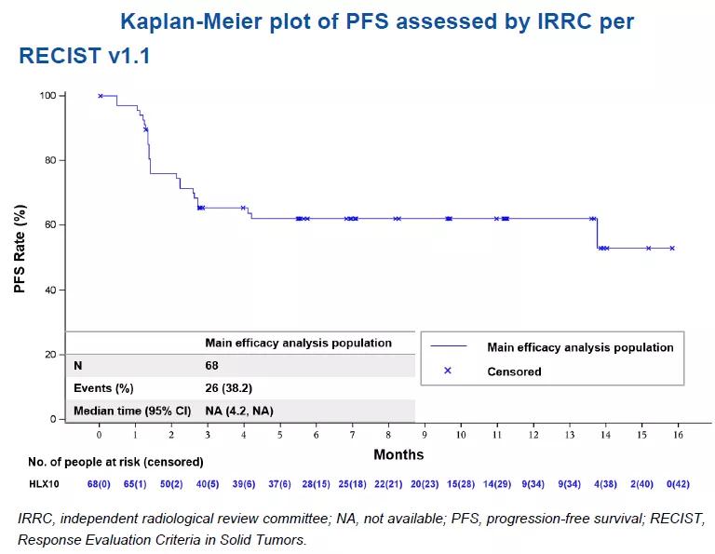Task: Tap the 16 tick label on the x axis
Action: [680, 433]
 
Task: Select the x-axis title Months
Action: [398, 454]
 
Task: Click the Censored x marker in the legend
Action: [447, 371]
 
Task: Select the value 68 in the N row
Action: [211, 366]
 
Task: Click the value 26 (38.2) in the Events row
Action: [229, 388]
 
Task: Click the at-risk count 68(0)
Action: [100, 484]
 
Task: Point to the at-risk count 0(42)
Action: [680, 484]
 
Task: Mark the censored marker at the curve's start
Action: [101, 96]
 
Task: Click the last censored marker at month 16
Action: [671, 248]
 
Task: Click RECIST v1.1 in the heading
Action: [85, 56]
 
